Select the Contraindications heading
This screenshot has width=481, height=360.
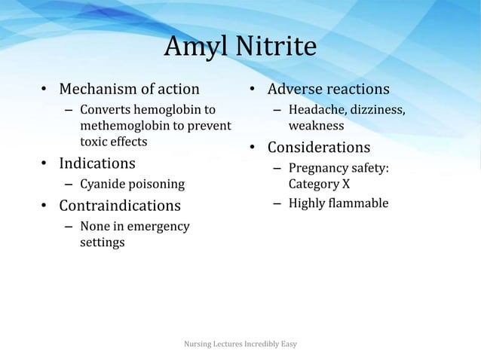pos(120,206)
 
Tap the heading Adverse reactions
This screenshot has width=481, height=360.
pos(329,90)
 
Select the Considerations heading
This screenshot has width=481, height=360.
pos(319,147)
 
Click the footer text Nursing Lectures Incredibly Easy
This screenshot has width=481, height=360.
pos(240,344)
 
